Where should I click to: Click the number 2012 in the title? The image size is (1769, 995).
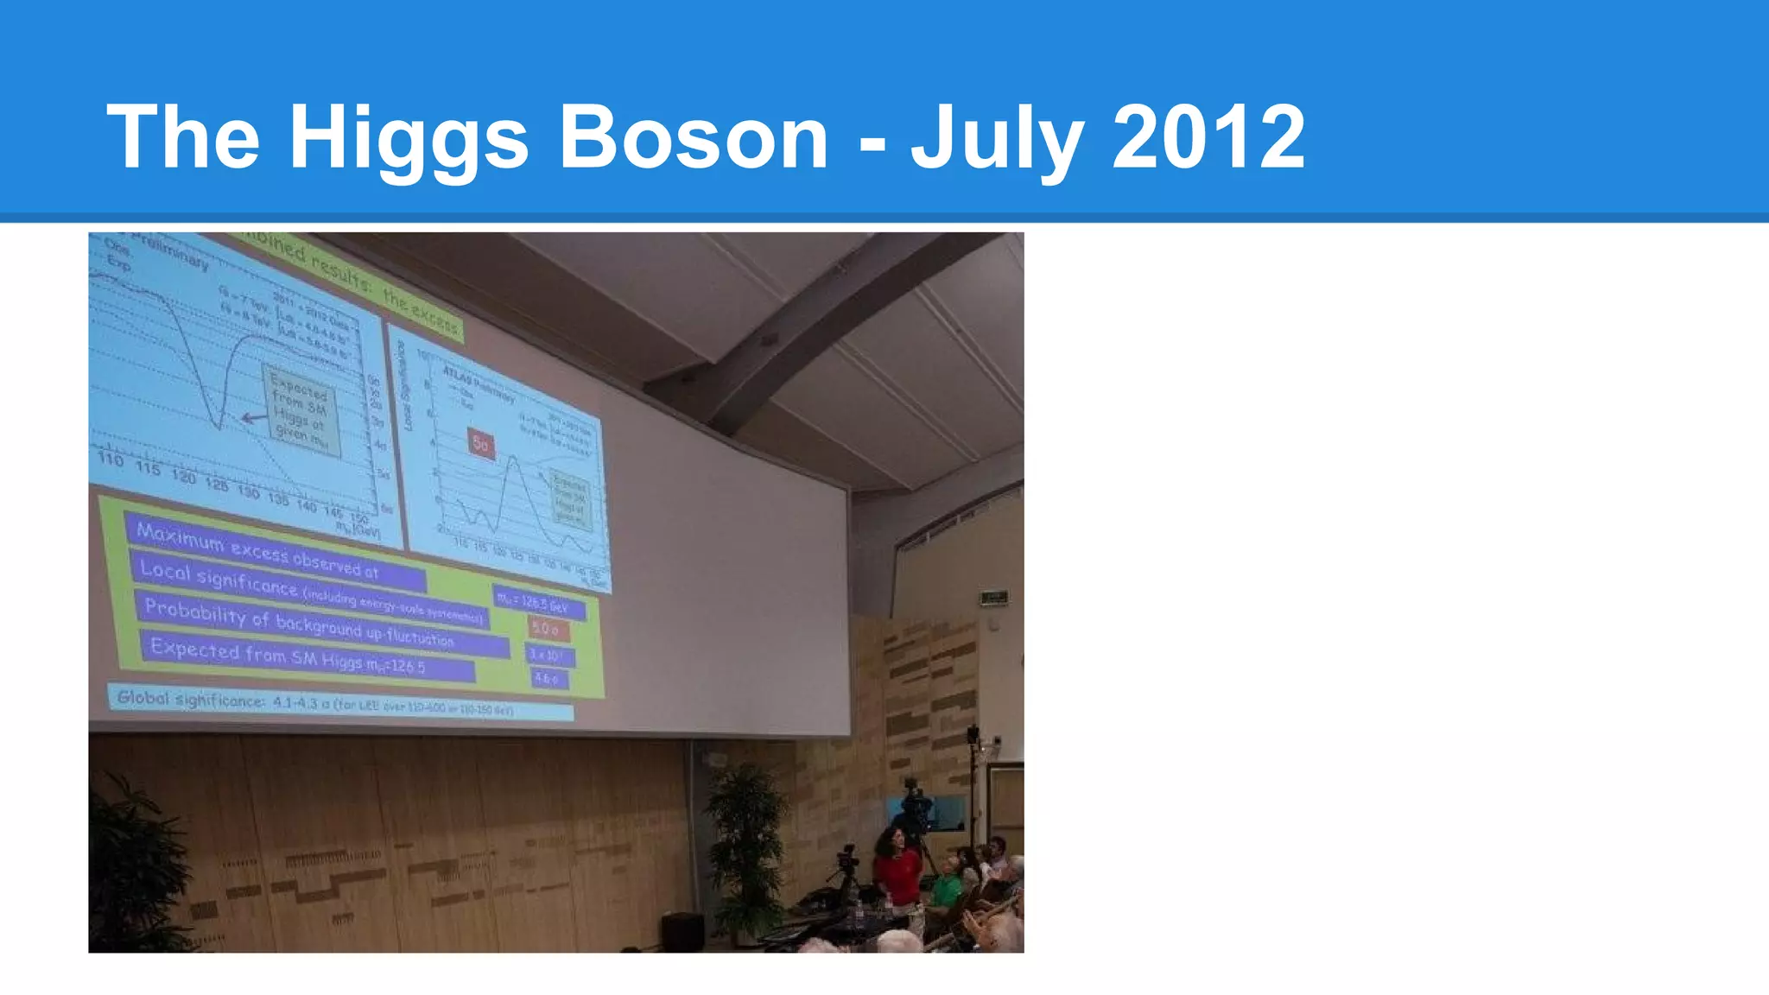pyautogui.click(x=1208, y=136)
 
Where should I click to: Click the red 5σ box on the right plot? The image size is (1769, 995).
pyautogui.click(x=481, y=444)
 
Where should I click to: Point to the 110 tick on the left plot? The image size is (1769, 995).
pyautogui.click(x=111, y=459)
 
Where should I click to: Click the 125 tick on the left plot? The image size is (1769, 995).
pyautogui.click(x=216, y=485)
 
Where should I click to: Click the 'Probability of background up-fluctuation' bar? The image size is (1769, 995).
pyautogui.click(x=320, y=624)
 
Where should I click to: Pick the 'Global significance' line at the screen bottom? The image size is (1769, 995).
pyautogui.click(x=337, y=703)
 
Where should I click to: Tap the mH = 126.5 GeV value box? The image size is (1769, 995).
pyautogui.click(x=540, y=604)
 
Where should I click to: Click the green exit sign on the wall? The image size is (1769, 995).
pyautogui.click(x=993, y=597)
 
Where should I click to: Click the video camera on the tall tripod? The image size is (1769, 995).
pyautogui.click(x=914, y=803)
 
